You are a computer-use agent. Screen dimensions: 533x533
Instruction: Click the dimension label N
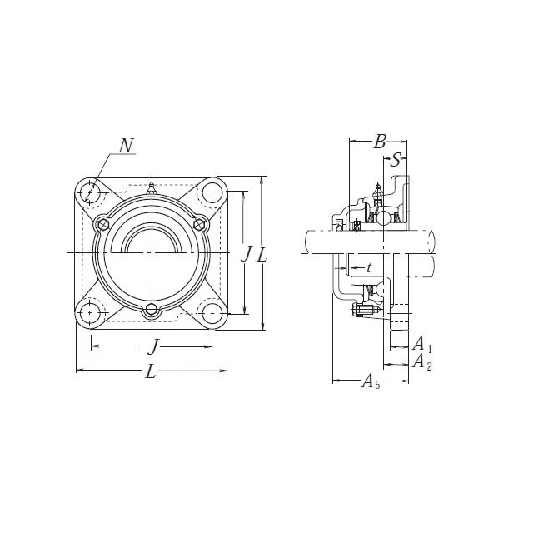126,146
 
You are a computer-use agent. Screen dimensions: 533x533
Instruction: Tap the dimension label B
380,142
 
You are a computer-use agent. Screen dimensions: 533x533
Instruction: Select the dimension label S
396,159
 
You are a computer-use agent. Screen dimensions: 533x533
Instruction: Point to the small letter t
369,268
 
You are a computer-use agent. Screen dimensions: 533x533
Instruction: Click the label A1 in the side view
422,344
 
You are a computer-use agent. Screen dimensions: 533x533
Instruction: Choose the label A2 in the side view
422,361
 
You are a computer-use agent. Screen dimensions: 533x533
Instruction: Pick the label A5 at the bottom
371,381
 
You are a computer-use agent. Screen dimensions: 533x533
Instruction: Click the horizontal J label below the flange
154,346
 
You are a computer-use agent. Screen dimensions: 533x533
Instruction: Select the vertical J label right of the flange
247,253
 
